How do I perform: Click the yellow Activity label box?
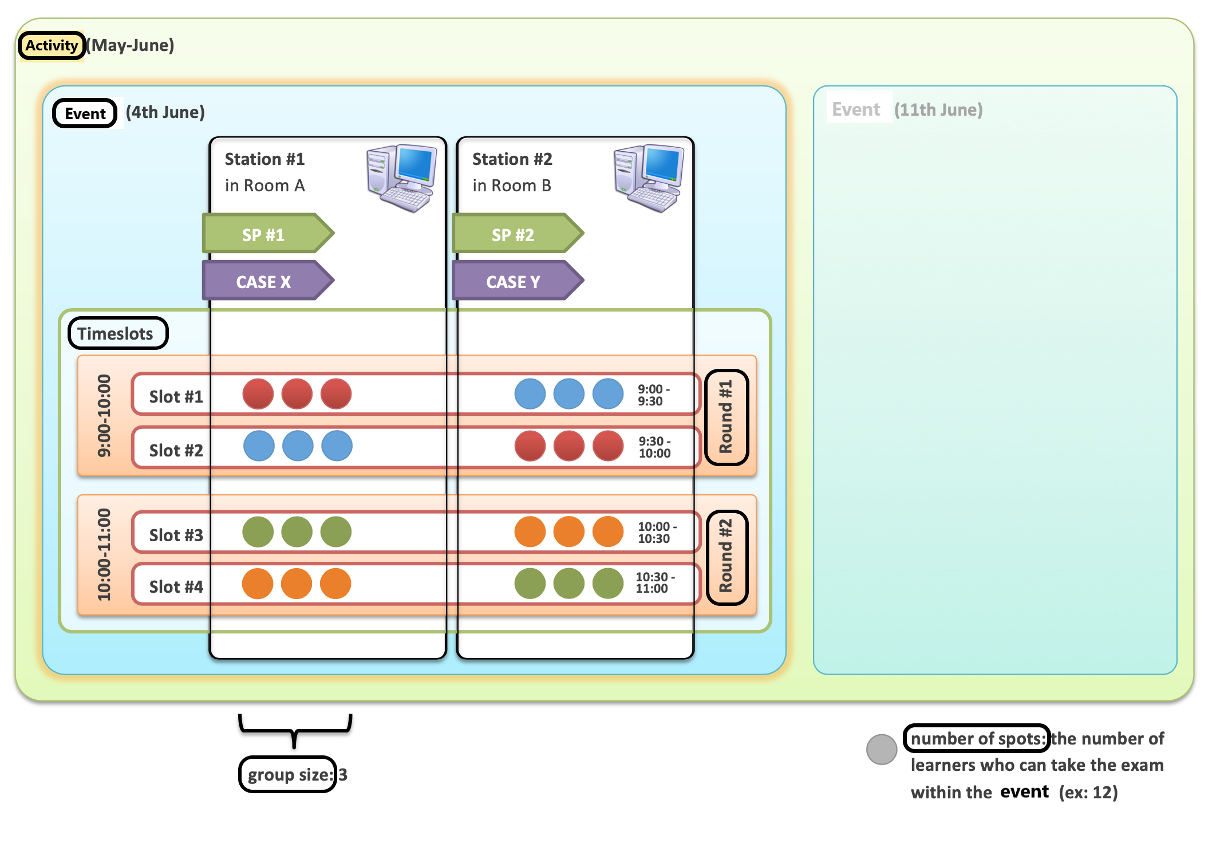(x=52, y=45)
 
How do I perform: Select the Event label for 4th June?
(x=85, y=113)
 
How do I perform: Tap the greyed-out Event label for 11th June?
(x=856, y=109)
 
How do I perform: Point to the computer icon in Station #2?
(x=649, y=178)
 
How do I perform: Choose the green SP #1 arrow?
(x=268, y=234)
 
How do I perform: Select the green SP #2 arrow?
(x=518, y=234)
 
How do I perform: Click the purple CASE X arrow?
(x=268, y=281)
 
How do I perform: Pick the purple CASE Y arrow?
(x=518, y=281)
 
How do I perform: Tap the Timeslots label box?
(x=118, y=333)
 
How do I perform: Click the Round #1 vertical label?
(x=726, y=417)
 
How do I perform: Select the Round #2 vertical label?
(x=726, y=557)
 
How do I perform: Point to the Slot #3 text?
(x=176, y=535)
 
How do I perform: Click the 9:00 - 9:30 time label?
(x=654, y=395)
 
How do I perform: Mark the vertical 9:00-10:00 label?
(x=104, y=416)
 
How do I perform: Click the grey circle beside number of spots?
(x=882, y=749)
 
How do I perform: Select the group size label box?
(x=287, y=774)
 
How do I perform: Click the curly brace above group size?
(x=295, y=730)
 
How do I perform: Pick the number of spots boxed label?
(x=977, y=738)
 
